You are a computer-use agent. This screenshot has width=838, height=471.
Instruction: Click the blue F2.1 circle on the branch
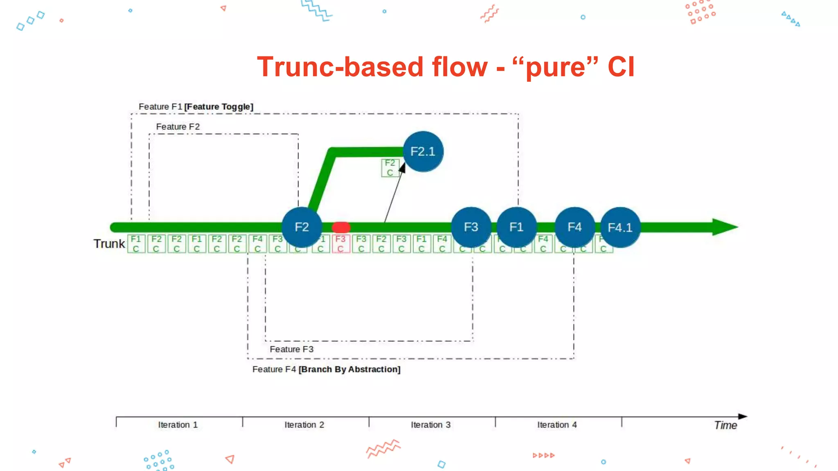[x=423, y=152]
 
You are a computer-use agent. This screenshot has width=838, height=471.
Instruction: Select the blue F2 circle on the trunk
[x=302, y=227]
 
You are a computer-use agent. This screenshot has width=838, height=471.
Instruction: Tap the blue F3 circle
[x=471, y=227]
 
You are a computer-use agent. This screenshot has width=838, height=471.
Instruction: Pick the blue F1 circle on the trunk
[x=516, y=227]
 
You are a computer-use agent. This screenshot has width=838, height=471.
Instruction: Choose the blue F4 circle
[x=574, y=227]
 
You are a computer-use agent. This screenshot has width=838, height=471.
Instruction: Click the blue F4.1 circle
[x=620, y=227]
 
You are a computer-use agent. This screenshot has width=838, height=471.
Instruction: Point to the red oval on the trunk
[x=341, y=227]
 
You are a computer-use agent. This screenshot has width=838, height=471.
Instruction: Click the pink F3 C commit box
[x=340, y=244]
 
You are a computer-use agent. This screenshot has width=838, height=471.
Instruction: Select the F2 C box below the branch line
[x=390, y=168]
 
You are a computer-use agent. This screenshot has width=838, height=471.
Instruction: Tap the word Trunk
[x=109, y=244]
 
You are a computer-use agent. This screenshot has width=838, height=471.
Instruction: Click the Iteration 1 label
[x=178, y=425]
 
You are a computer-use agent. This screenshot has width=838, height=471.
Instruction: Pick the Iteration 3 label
[x=430, y=425]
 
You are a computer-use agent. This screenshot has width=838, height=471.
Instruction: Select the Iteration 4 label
[x=557, y=425]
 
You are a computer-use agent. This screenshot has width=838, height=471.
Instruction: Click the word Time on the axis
[x=725, y=425]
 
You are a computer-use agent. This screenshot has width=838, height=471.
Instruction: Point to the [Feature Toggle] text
[x=219, y=107]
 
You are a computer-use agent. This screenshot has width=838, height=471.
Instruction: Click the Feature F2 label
[x=178, y=127]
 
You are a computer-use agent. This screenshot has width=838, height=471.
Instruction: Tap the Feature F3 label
[x=291, y=349]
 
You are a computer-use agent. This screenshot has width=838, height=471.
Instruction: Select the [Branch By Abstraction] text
[x=349, y=369]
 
